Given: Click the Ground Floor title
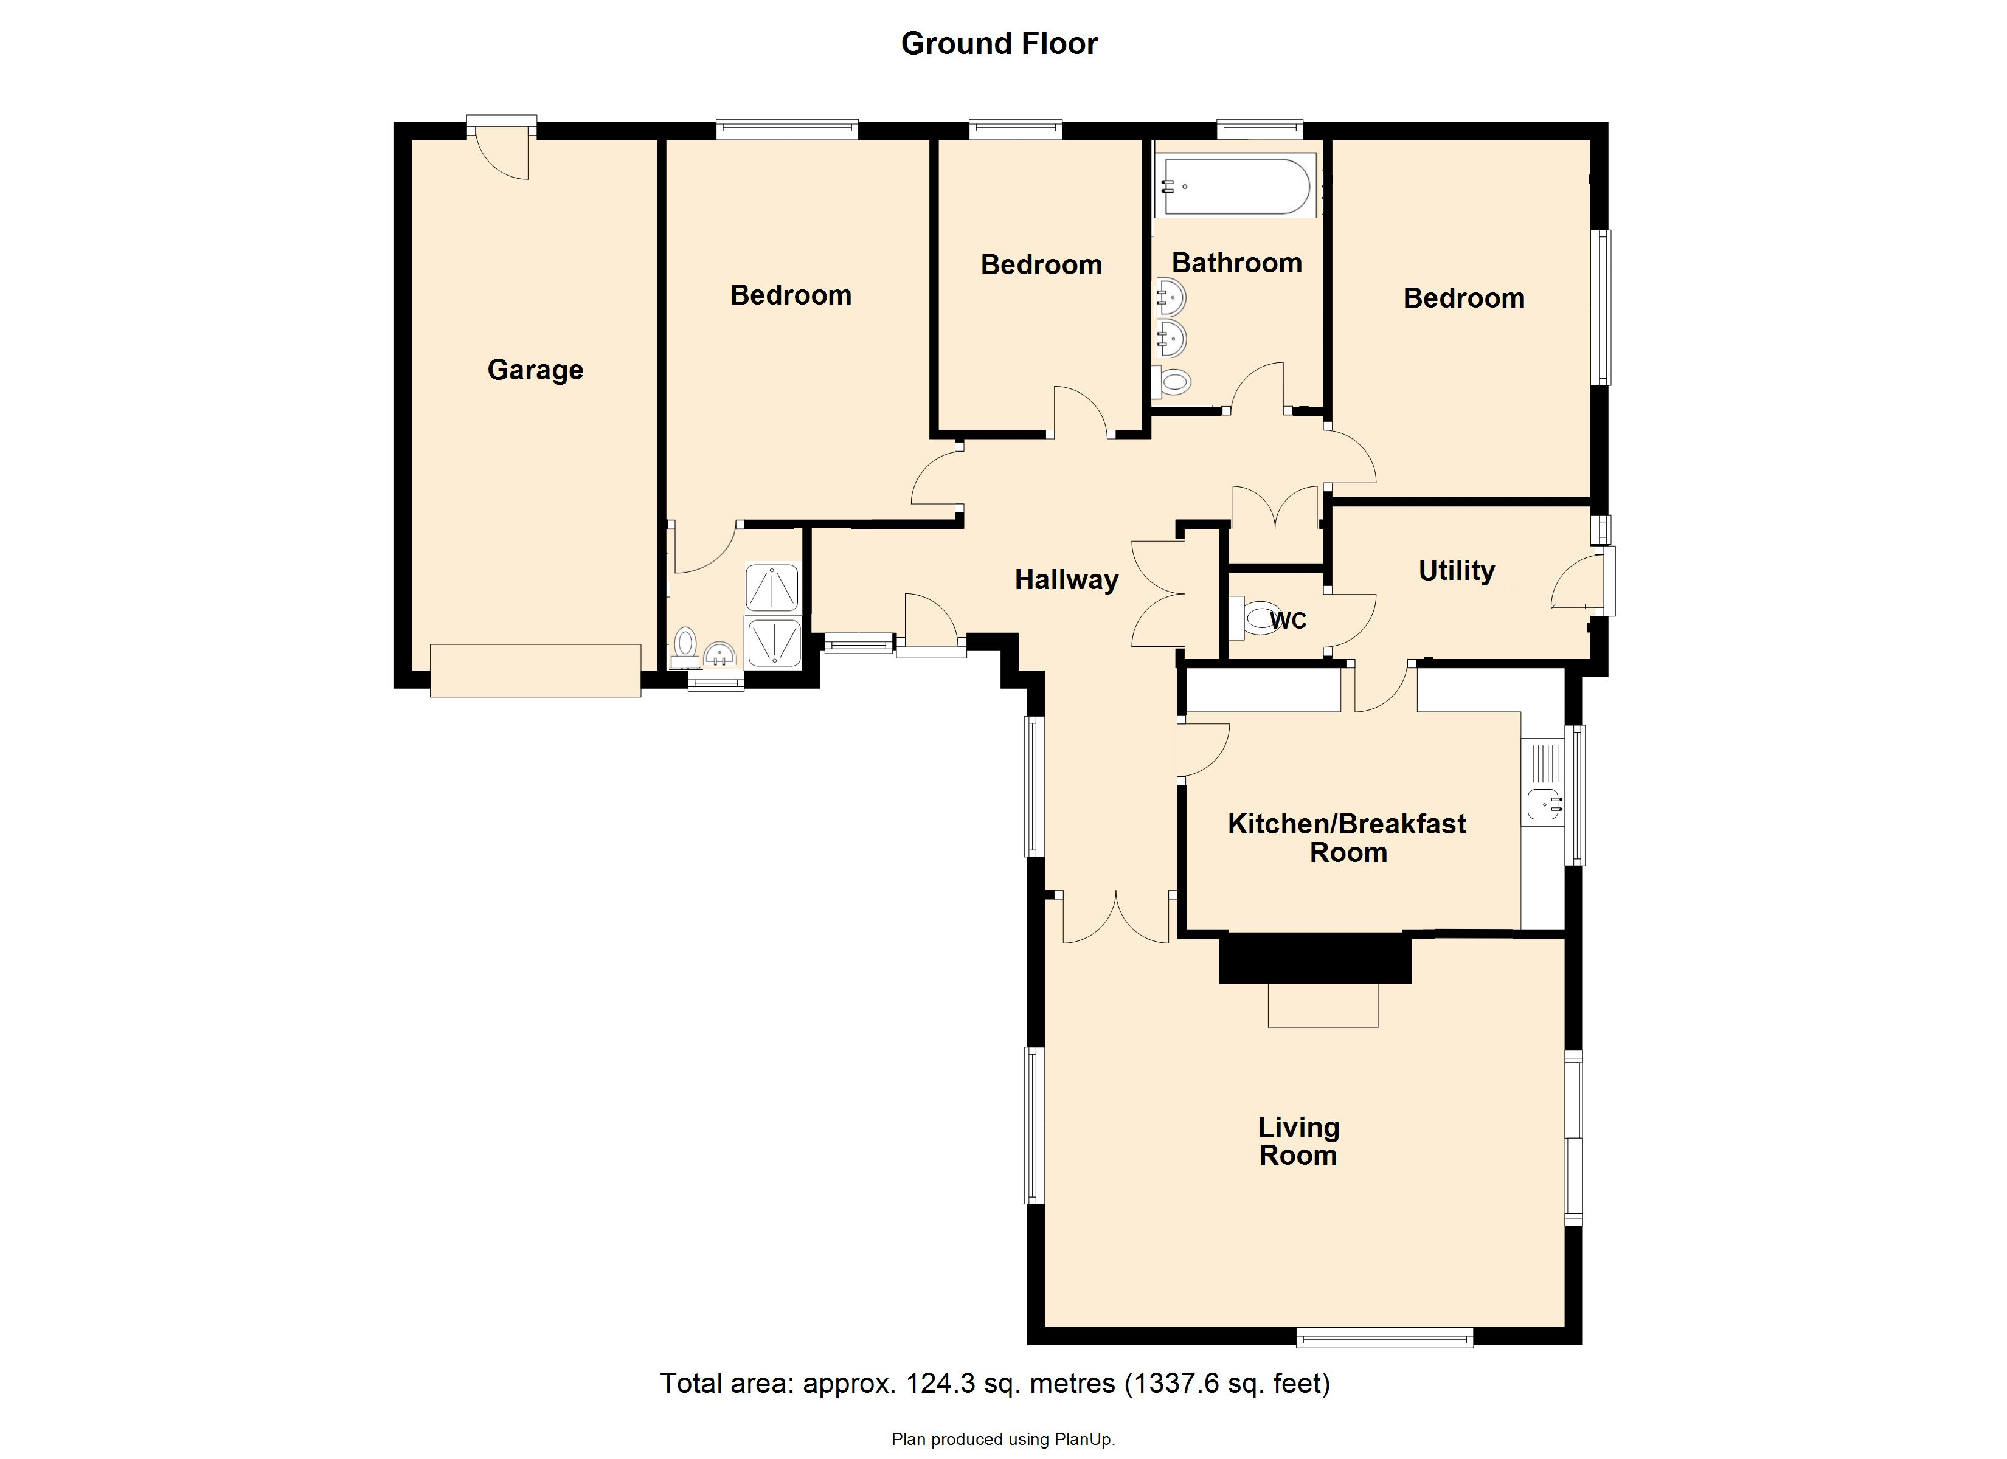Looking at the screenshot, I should click(999, 43).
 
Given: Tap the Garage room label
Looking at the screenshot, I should click(535, 370).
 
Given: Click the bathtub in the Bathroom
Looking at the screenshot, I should click(1236, 186).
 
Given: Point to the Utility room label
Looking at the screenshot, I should click(1456, 571).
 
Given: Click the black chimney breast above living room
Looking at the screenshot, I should click(1314, 958).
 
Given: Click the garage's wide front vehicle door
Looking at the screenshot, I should click(535, 671).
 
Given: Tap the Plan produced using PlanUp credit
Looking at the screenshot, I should click(1003, 1440).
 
